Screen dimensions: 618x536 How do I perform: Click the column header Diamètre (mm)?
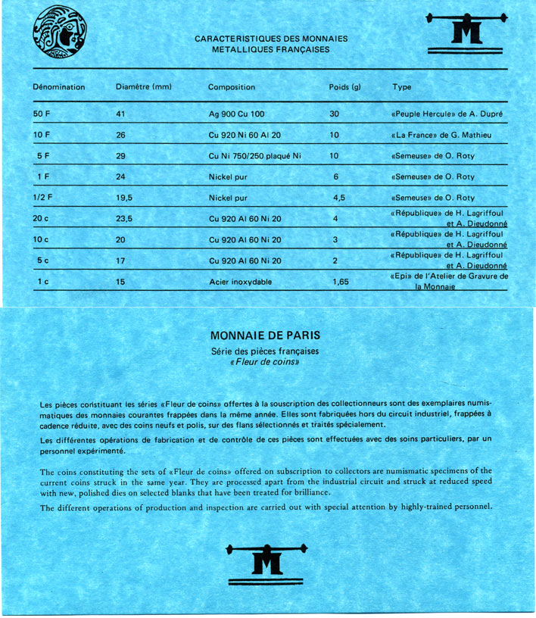(x=144, y=87)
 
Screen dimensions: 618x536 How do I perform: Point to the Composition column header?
(x=231, y=87)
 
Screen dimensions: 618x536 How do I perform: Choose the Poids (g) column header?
(x=344, y=87)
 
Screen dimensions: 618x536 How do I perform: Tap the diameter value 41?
(x=121, y=114)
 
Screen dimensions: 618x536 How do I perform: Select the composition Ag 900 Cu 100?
(x=242, y=114)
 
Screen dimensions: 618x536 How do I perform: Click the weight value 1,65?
(x=342, y=282)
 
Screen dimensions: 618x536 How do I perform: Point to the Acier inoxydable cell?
(x=240, y=282)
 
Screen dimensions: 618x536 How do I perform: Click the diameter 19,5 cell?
(x=124, y=198)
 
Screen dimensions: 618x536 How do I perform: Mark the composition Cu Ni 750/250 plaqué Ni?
(x=254, y=156)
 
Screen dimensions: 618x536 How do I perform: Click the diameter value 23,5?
(x=124, y=219)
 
